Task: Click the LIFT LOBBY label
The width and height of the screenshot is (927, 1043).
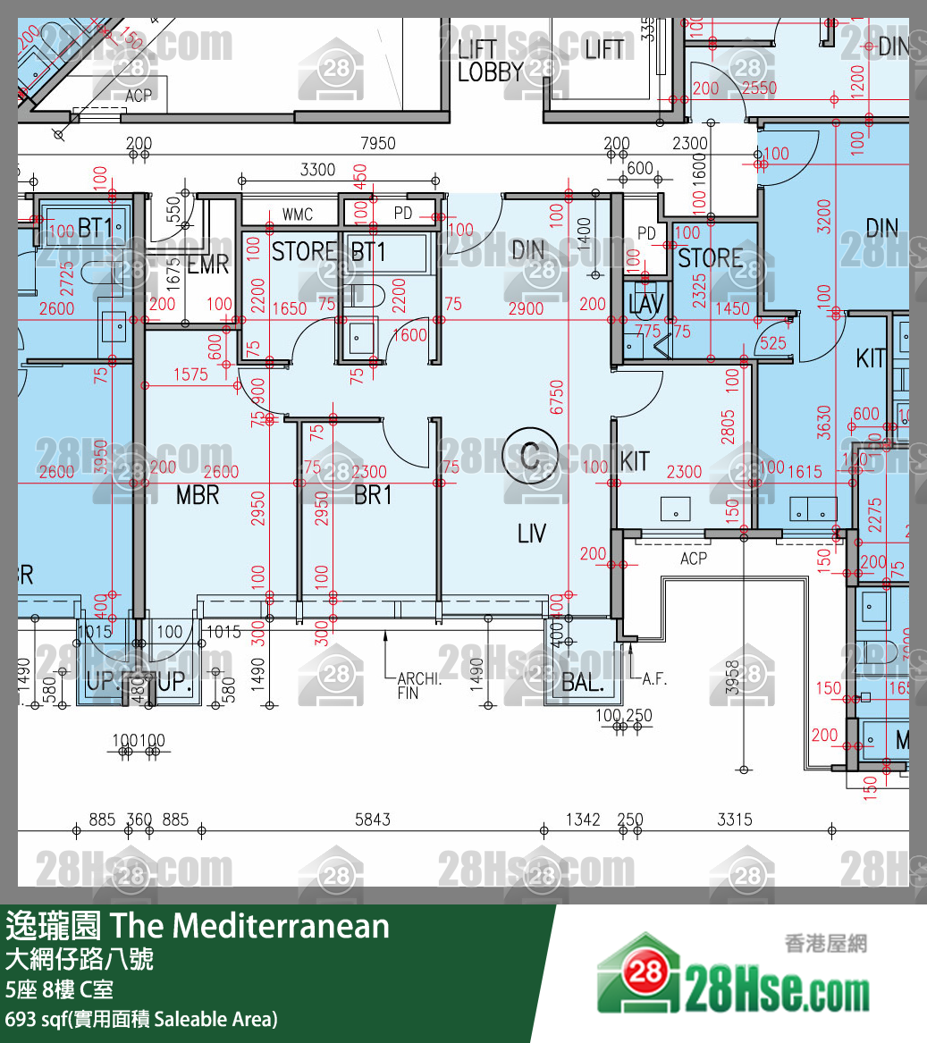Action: tap(490, 61)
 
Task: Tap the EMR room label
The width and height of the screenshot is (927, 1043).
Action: tap(208, 265)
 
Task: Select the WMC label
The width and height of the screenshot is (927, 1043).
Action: tap(297, 214)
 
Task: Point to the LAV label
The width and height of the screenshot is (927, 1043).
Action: tap(645, 304)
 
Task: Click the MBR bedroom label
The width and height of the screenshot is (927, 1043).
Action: tap(198, 494)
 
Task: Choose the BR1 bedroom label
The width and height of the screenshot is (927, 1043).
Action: tap(373, 494)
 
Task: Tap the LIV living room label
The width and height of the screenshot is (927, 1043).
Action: tap(531, 534)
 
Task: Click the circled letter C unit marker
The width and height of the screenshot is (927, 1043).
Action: tap(530, 457)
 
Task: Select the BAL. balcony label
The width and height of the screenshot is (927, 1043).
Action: tap(583, 686)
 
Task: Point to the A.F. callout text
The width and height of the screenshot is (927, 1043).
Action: tap(654, 679)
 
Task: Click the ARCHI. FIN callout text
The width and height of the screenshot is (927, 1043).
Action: tap(419, 686)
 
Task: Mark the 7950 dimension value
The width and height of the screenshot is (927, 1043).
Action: tap(377, 143)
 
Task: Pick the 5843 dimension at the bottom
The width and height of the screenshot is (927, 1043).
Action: tap(373, 819)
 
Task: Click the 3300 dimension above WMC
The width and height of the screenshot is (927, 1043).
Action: tap(317, 169)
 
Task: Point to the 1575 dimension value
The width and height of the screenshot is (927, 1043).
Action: tap(190, 374)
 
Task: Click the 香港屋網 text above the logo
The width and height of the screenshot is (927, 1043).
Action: tap(825, 943)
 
